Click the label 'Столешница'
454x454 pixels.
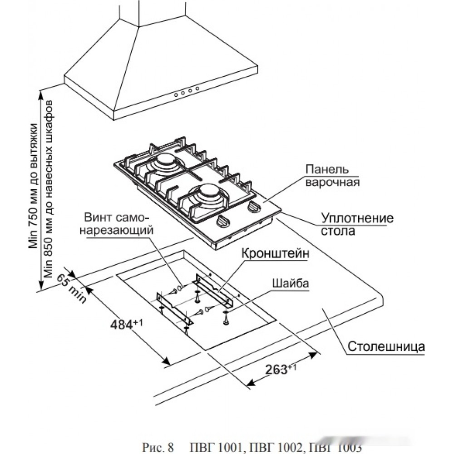tap(386, 346)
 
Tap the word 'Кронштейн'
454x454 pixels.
tap(275, 254)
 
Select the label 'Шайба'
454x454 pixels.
tap(290, 283)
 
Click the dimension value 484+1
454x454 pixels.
tap(127, 324)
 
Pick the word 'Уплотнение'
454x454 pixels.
tap(357, 218)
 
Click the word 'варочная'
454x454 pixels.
tap(332, 183)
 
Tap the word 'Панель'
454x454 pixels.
tap(327, 169)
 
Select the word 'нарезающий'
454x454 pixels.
tap(116, 230)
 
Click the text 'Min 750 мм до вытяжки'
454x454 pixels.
tap(34, 186)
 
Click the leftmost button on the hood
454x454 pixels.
tap(176, 95)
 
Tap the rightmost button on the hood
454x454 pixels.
tap(197, 88)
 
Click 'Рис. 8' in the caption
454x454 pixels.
tap(158, 447)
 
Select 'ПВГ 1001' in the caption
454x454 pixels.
tap(215, 447)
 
